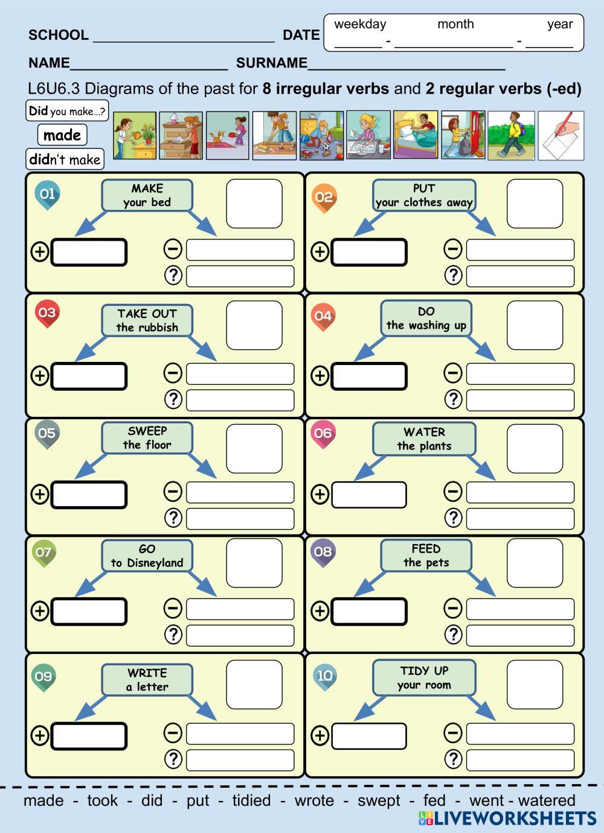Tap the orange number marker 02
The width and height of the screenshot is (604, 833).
[324, 197]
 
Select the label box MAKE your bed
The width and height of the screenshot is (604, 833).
[147, 195]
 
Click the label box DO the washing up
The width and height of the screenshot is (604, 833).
[426, 318]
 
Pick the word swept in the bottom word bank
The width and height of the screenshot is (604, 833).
[379, 800]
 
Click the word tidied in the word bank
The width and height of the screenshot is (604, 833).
[251, 800]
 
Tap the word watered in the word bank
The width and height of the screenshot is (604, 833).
[547, 800]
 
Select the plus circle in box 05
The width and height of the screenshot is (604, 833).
[40, 494]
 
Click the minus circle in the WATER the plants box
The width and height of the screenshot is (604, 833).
[453, 492]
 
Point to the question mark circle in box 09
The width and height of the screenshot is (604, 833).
[173, 759]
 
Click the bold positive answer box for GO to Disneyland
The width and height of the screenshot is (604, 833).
[89, 611]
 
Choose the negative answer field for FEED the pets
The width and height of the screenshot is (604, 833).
[520, 609]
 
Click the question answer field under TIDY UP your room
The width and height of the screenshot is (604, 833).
[520, 759]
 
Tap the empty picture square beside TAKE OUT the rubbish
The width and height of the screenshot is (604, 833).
[254, 326]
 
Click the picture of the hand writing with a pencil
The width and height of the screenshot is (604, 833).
[561, 136]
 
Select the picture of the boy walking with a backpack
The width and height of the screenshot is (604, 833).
[511, 136]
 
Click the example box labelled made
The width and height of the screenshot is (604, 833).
[62, 135]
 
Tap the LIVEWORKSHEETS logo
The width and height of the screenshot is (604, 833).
[507, 819]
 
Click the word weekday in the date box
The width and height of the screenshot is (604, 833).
[360, 24]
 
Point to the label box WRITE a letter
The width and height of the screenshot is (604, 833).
[147, 680]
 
